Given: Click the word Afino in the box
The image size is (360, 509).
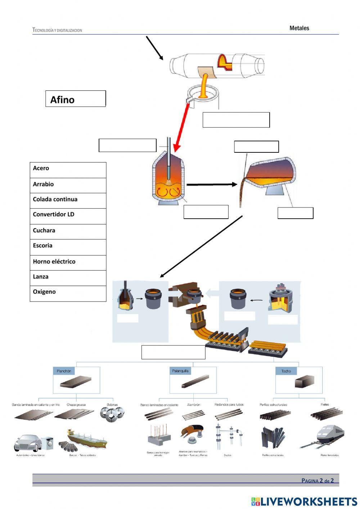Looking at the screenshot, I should pyautogui.click(x=62, y=100).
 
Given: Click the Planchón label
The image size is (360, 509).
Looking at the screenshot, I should pyautogui.click(x=64, y=371).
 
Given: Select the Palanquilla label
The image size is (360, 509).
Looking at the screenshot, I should pyautogui.click(x=180, y=371).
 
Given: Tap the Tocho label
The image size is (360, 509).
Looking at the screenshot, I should pyautogui.click(x=286, y=371).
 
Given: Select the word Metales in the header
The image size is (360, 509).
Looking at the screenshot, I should pyautogui.click(x=299, y=28).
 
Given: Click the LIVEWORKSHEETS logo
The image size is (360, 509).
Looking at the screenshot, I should pyautogui.click(x=304, y=501).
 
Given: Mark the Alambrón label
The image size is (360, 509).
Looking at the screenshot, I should pyautogui.click(x=194, y=405).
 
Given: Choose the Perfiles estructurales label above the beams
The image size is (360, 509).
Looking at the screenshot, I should pyautogui.click(x=273, y=405).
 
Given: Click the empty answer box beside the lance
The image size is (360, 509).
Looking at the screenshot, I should pyautogui.click(x=127, y=145).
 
